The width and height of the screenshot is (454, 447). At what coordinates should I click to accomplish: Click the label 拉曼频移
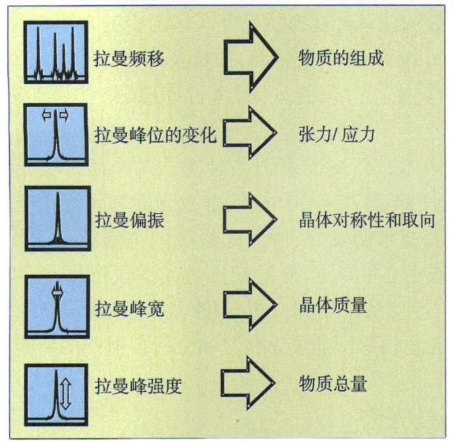(x=129, y=58)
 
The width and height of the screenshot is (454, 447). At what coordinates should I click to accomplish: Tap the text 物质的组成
(x=341, y=58)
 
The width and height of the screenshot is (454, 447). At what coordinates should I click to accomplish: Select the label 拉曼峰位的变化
(x=155, y=135)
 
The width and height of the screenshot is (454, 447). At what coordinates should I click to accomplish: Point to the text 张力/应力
(x=337, y=135)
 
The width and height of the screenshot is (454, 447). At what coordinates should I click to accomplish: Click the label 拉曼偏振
(x=129, y=220)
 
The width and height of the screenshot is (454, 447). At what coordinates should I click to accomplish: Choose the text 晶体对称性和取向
(x=367, y=220)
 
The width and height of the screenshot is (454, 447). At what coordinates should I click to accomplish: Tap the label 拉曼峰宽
(x=129, y=309)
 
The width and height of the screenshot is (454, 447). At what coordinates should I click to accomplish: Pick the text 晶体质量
(x=333, y=305)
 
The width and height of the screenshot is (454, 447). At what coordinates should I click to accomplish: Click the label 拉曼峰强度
(x=138, y=386)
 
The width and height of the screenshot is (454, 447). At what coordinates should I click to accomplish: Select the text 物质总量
(x=333, y=384)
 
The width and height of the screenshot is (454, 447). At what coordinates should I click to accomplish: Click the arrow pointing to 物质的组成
(x=250, y=57)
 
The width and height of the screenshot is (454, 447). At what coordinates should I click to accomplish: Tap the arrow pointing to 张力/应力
(x=250, y=133)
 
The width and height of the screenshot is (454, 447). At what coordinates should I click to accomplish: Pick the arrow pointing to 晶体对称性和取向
(x=250, y=220)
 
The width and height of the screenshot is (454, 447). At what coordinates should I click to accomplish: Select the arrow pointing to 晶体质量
(x=250, y=304)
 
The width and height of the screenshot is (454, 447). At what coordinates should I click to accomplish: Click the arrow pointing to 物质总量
(x=248, y=383)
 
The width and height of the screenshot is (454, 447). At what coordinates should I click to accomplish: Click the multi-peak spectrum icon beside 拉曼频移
(x=56, y=52)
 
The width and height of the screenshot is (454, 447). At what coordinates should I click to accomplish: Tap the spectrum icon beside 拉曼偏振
(x=58, y=218)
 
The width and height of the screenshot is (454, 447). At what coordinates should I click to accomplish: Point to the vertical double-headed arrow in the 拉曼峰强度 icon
(x=66, y=394)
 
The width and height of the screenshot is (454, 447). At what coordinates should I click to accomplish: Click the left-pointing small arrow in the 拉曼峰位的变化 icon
(x=46, y=116)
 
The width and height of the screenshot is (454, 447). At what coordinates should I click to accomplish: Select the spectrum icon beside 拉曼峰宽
(x=57, y=307)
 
